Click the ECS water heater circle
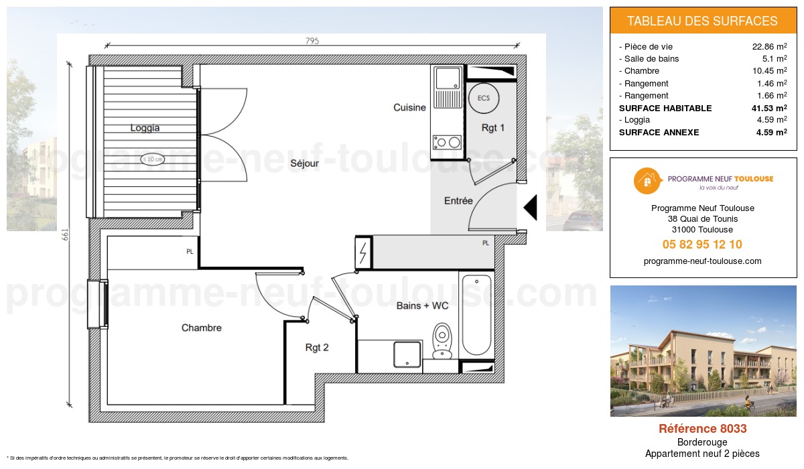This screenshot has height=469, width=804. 483,98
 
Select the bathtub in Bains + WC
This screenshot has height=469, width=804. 476,314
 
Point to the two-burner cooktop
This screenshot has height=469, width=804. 447,142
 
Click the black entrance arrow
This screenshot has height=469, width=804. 531,207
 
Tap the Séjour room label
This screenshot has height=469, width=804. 304,163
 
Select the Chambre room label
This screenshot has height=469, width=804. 201,328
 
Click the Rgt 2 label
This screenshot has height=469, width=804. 317,348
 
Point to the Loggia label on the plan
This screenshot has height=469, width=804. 145,128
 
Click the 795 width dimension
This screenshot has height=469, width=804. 312,41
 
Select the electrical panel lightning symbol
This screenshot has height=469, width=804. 363,253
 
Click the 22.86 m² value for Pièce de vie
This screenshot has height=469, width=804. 769,47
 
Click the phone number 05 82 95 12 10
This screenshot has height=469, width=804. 702,245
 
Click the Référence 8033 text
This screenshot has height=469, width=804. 702,429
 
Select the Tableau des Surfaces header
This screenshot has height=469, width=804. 702,21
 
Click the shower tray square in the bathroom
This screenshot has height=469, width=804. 407,354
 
